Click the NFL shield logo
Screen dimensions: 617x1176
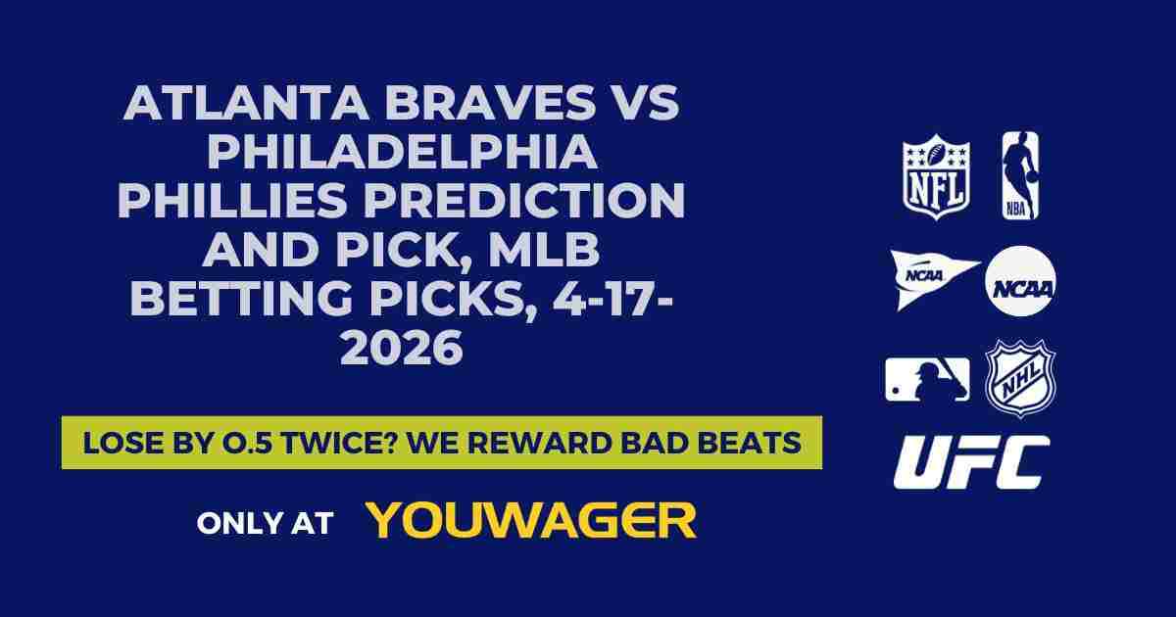[x=936, y=176]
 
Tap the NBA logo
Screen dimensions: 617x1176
[x=1019, y=176]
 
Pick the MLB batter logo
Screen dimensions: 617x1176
[x=927, y=379]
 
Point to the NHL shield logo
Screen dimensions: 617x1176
[x=1020, y=378]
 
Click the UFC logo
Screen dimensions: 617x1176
[x=970, y=462]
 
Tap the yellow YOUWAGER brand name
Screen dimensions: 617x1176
[x=531, y=520]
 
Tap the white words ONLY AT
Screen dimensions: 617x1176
[x=265, y=522]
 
